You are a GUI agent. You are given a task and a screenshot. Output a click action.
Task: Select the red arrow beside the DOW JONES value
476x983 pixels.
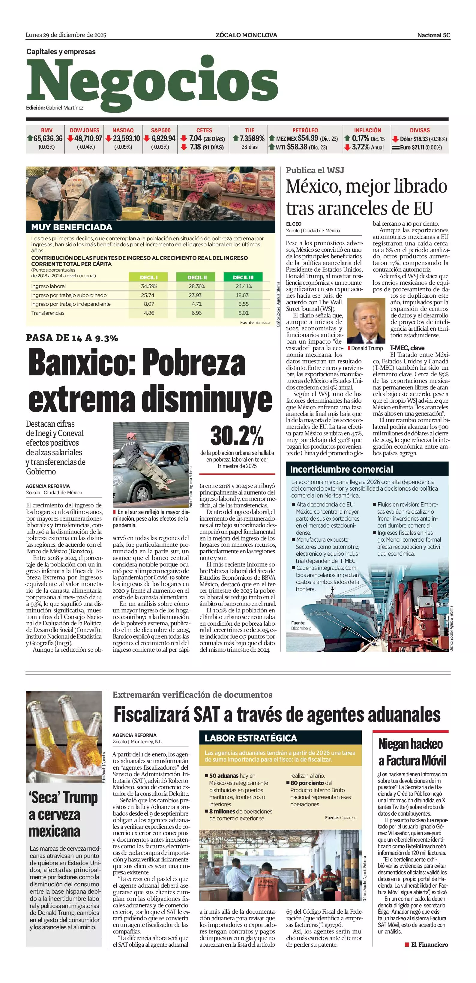coord(70,139)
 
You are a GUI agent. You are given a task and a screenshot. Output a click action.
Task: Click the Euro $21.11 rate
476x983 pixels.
coord(421,147)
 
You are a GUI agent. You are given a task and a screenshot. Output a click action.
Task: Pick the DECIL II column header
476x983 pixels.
coord(197,278)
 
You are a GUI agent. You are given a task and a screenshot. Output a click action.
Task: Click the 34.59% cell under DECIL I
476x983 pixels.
coord(149,286)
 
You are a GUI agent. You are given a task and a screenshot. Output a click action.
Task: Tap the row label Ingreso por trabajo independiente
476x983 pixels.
coord(71,304)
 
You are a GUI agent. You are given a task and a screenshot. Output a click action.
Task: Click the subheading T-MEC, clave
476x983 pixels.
coord(407,348)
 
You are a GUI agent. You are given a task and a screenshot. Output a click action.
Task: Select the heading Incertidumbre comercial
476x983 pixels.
coord(341,469)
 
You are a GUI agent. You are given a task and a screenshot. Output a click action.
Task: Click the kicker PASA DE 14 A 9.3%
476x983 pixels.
coord(72,338)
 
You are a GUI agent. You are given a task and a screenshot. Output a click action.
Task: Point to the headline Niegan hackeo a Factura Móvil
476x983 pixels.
coord(412,752)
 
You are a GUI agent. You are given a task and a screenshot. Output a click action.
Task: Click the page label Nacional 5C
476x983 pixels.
coord(433,35)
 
